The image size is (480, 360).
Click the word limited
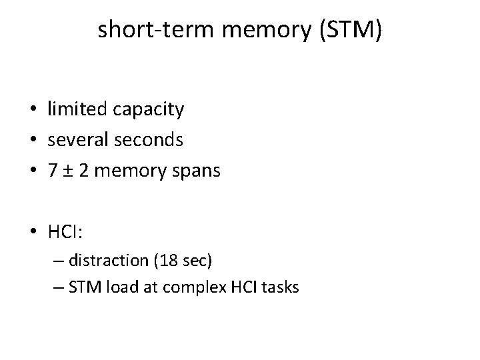pyautogui.click(x=71, y=109)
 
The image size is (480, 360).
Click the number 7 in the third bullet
pyautogui.click(x=52, y=171)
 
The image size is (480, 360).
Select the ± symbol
pyautogui.click(x=69, y=171)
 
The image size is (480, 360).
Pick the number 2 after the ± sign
pyautogui.click(x=85, y=171)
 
